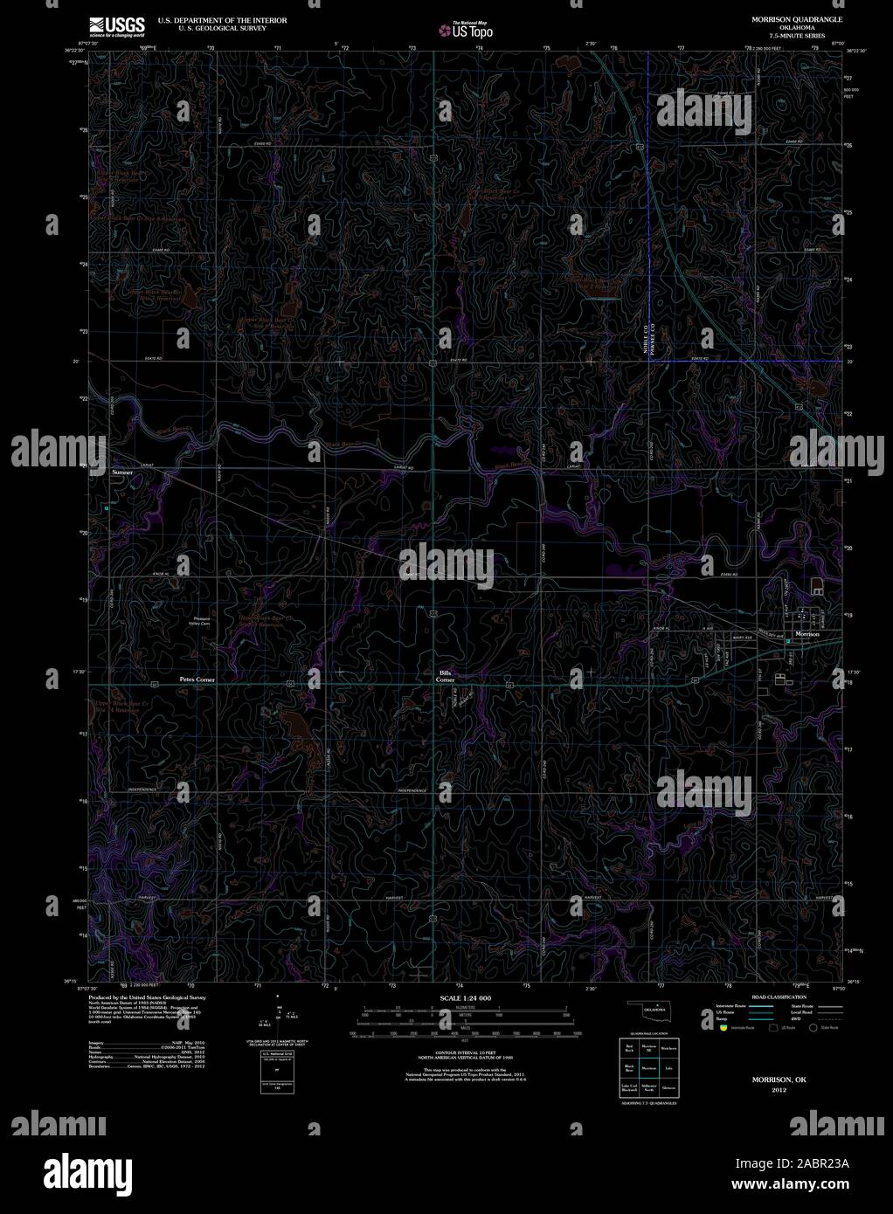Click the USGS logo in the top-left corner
pyautogui.click(x=116, y=27)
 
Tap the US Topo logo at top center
pyautogui.click(x=467, y=30)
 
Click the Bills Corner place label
pyautogui.click(x=446, y=675)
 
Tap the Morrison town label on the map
pyautogui.click(x=806, y=634)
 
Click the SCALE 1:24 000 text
pyautogui.click(x=466, y=997)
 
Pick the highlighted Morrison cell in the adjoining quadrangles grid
pyautogui.click(x=648, y=1067)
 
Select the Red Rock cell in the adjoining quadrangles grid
pyautogui.click(x=628, y=1046)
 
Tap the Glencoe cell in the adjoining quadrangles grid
pyautogui.click(x=669, y=1088)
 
